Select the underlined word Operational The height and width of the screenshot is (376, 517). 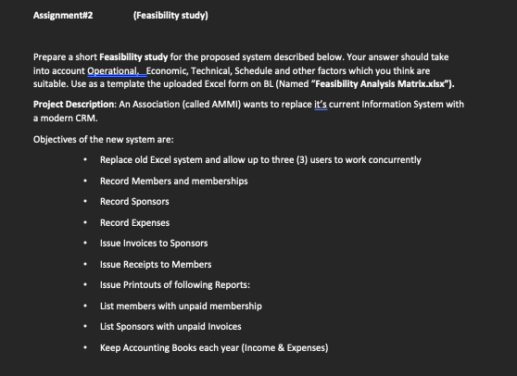coord(111,70)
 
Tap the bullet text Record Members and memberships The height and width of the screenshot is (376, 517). coord(173,181)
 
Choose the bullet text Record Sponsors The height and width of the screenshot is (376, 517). coord(128,201)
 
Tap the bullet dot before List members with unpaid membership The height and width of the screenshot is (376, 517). coord(85,306)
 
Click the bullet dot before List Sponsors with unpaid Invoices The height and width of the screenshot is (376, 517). coord(85,327)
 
